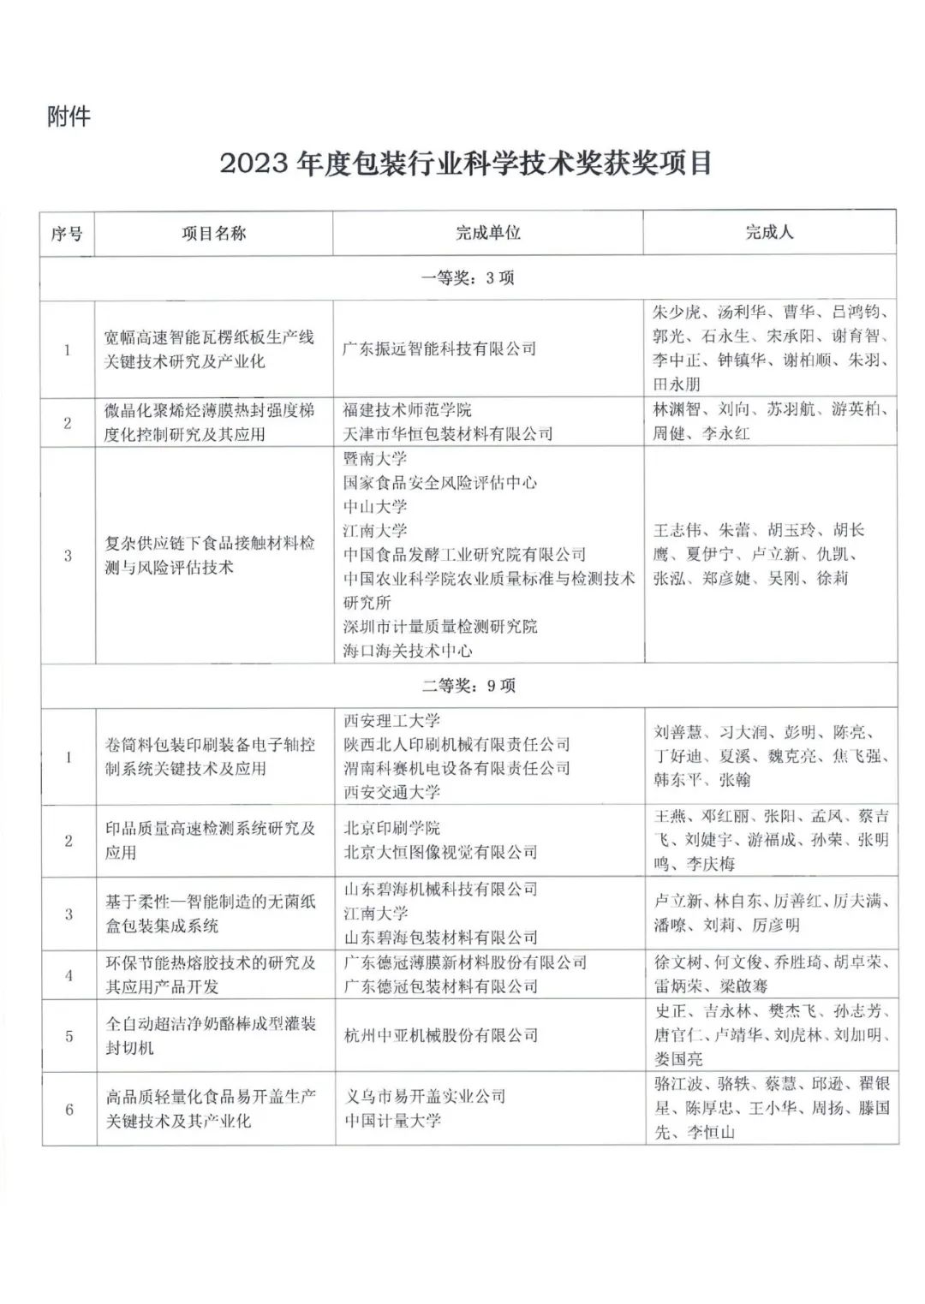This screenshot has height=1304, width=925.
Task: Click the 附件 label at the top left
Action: [68, 116]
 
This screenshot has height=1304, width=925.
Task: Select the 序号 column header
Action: [67, 233]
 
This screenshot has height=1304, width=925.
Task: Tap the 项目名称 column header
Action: [213, 233]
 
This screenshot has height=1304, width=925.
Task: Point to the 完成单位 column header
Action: [487, 233]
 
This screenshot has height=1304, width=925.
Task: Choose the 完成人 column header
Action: [769, 232]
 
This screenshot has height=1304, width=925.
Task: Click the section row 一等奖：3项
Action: [468, 278]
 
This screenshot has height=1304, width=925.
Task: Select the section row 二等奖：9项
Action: [468, 686]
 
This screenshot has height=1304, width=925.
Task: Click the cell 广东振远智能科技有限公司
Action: [439, 348]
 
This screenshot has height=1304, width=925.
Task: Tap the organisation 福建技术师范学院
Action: [407, 410]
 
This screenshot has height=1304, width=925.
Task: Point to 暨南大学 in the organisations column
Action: [375, 458]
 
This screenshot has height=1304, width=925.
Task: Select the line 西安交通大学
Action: [391, 792]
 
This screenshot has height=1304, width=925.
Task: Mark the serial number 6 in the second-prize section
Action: [69, 1109]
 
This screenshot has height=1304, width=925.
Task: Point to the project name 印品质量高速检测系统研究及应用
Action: [210, 840]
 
